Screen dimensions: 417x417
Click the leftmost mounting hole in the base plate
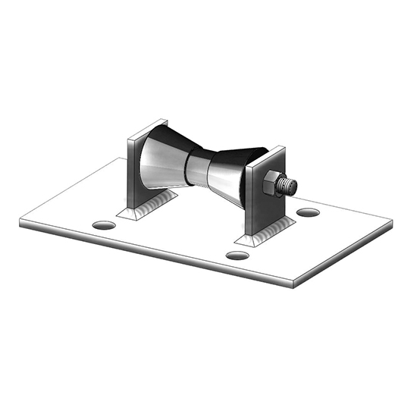(x=105, y=225)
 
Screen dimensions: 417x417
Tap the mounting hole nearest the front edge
(x=237, y=256)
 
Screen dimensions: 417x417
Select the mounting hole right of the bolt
(x=307, y=212)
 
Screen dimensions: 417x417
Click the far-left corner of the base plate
(x=20, y=221)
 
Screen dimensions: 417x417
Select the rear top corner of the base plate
(x=121, y=159)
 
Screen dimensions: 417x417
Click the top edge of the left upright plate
(x=146, y=126)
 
